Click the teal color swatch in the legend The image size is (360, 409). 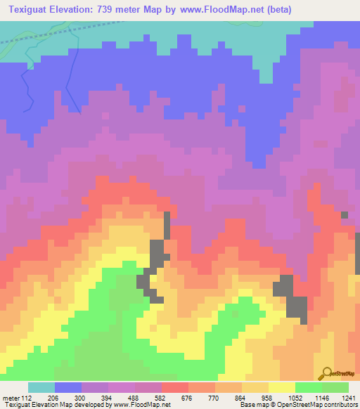coord(41,387)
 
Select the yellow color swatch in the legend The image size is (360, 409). coord(282,387)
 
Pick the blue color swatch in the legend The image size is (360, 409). coord(68,387)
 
